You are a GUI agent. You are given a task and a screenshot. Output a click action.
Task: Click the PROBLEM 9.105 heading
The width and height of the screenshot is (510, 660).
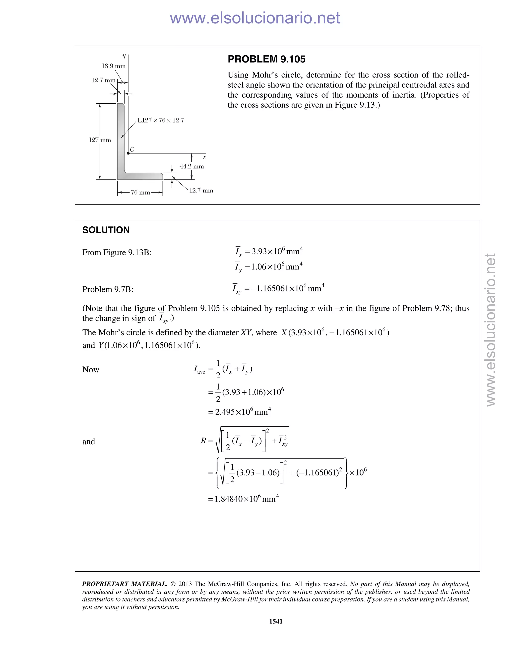(266, 59)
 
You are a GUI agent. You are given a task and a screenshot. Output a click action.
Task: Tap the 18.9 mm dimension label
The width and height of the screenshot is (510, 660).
(113, 66)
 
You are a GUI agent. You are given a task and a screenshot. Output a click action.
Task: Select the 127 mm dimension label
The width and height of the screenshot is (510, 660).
(100, 140)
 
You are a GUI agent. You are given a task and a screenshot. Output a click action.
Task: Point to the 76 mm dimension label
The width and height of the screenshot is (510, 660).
(140, 193)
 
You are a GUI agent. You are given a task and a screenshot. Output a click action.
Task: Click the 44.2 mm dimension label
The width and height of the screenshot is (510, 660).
(191, 167)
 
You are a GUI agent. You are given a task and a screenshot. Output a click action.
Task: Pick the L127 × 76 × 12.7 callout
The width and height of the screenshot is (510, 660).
(161, 120)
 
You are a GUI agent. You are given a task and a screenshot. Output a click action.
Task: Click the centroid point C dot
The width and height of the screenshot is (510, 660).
(128, 153)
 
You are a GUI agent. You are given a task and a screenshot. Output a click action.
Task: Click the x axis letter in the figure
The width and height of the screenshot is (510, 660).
(204, 157)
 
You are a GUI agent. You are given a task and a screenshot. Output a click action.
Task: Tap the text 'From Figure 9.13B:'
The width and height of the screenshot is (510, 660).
(117, 252)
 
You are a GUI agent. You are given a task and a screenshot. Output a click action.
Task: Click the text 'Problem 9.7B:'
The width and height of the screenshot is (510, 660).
(108, 289)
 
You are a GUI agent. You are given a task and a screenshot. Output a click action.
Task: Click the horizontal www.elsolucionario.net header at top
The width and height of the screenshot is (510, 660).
(255, 18)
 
